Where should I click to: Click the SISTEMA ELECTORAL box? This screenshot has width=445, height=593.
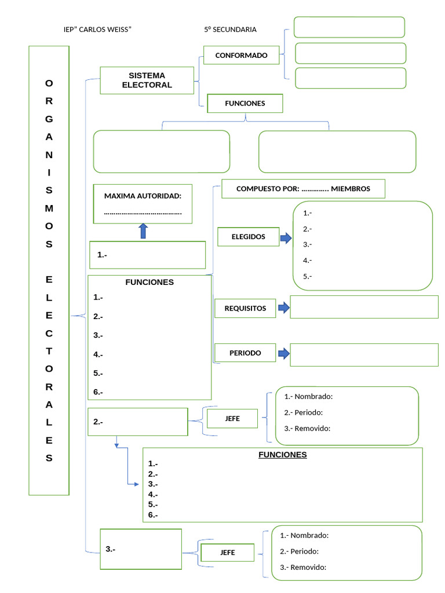tap(147, 80)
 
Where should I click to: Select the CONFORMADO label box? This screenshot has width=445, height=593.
tap(241, 56)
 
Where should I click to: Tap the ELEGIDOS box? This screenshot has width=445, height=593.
tap(248, 237)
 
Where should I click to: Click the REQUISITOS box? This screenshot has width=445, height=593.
tap(245, 308)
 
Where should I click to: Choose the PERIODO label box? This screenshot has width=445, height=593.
tap(245, 353)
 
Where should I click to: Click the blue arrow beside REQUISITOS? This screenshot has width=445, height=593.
tap(283, 308)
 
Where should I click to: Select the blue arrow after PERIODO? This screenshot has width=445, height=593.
tap(283, 353)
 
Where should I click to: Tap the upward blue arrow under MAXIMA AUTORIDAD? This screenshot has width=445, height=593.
tap(143, 232)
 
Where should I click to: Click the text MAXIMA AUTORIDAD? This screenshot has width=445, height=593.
tap(143, 196)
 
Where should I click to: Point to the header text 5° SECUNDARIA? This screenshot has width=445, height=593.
tap(230, 30)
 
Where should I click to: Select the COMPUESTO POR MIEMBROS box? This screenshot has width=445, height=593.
tap(303, 189)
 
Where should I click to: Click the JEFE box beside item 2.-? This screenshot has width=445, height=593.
tap(232, 419)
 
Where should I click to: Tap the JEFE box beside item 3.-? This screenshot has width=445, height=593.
tap(227, 553)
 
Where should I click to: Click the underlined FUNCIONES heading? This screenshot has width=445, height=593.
tap(282, 455)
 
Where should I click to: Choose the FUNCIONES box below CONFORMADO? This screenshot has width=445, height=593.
tap(245, 103)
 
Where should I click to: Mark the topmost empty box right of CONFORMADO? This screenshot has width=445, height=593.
tap(349, 27)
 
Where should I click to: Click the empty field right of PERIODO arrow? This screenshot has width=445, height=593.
tap(364, 355)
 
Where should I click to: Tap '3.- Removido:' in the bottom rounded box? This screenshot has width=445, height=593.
tap(302, 568)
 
